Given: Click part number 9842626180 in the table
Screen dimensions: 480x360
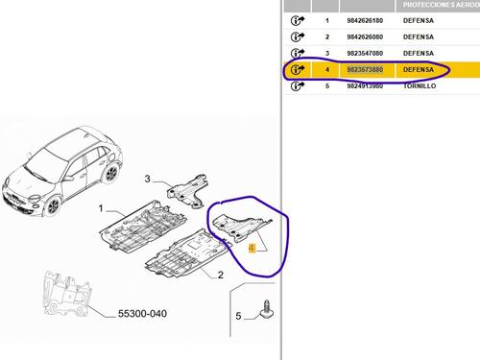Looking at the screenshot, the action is point(365,21).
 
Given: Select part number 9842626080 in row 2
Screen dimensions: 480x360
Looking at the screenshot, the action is point(365,37).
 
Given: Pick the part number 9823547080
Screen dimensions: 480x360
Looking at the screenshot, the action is point(365,54).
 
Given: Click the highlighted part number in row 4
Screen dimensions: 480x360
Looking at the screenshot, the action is point(365,70).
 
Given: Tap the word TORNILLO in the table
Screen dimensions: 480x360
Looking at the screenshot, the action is point(420,86).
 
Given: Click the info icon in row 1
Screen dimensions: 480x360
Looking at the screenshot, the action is point(298,21).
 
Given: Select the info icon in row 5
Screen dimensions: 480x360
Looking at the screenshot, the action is point(298,86).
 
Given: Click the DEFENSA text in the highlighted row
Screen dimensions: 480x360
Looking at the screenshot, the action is point(419,70).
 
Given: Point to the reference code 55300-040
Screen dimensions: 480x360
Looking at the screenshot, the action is point(142,314).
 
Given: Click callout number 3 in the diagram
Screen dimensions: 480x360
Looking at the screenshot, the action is point(147,179).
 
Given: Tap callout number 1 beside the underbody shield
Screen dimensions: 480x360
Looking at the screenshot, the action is point(101,208).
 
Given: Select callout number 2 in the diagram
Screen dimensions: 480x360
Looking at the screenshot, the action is point(221,276).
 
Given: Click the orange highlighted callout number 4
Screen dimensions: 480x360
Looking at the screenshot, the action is point(252,248).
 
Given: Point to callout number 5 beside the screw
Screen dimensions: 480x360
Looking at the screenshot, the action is point(238,316).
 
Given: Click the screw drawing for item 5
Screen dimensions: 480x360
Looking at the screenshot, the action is point(267,309).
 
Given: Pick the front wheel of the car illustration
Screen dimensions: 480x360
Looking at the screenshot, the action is point(54,206).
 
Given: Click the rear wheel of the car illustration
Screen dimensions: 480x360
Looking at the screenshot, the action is point(110,173).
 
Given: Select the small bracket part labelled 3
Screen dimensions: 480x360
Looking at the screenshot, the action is point(187,191).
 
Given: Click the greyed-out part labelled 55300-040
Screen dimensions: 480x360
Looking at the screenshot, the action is point(67,294).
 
